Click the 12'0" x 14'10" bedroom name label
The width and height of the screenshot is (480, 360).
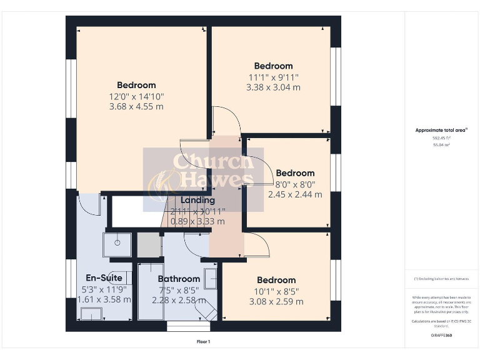click(x=136, y=85)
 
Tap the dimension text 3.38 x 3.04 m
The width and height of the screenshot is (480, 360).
click(x=273, y=87)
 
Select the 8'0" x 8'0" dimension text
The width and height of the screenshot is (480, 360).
click(x=295, y=184)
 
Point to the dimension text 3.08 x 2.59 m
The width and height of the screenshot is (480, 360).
click(x=276, y=302)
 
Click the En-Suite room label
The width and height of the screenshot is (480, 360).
click(x=104, y=278)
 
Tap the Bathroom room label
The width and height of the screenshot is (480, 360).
click(x=179, y=279)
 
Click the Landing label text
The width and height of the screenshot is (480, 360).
click(x=197, y=201)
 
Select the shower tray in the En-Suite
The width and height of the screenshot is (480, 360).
click(x=117, y=244)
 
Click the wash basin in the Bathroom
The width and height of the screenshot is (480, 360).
click(x=211, y=277)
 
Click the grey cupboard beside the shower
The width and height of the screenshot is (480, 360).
click(x=149, y=245)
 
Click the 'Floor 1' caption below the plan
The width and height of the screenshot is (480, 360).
click(x=203, y=342)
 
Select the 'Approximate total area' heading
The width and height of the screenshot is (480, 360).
click(x=441, y=130)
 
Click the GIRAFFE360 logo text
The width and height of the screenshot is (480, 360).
click(x=441, y=336)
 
